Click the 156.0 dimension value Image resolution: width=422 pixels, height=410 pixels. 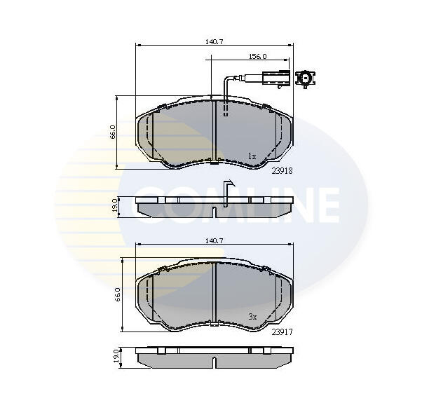pos(257,57)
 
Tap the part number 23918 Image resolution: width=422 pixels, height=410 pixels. pos(282,171)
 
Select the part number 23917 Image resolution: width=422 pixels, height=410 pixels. pos(282,332)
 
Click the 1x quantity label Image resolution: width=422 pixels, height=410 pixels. pos(252,156)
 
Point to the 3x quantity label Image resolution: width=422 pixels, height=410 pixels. pos(252,317)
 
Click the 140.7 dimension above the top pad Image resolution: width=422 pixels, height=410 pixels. pos(215,41)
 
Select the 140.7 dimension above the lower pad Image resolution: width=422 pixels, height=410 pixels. pos(215,241)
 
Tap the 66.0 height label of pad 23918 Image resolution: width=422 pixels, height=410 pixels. pos(113,132)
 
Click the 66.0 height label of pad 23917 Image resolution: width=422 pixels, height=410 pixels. pos(118,294)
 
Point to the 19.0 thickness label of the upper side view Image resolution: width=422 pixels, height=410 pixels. pos(115,205)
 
